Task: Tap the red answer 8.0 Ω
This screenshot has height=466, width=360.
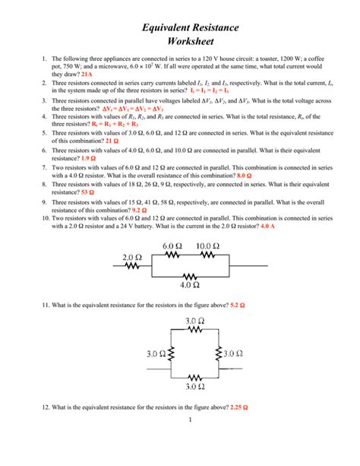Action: (245, 175)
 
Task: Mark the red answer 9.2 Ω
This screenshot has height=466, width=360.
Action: (143, 209)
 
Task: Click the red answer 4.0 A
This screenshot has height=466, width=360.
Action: (271, 227)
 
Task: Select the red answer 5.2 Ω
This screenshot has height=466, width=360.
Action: (242, 304)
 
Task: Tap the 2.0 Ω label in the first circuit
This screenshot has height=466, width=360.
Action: (132, 257)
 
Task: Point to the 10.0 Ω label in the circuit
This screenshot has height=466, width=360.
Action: (207, 245)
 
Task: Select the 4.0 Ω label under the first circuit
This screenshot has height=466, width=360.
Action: (191, 286)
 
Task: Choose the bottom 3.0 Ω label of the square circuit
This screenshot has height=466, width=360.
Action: (194, 387)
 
